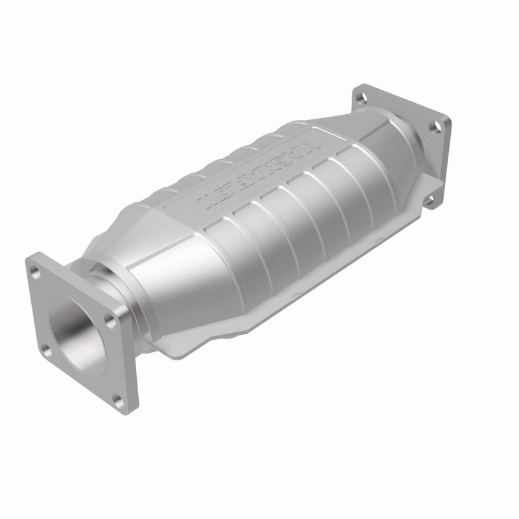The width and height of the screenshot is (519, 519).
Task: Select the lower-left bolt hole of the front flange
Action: click(46, 350)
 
